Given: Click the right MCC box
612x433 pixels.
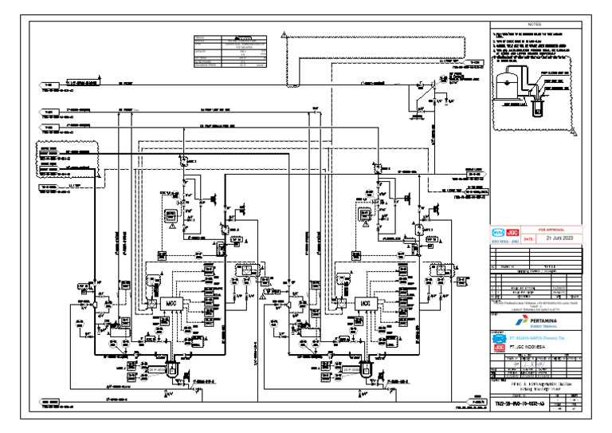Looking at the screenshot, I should pos(366,304).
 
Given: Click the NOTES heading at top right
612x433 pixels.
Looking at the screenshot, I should pos(534,26).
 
